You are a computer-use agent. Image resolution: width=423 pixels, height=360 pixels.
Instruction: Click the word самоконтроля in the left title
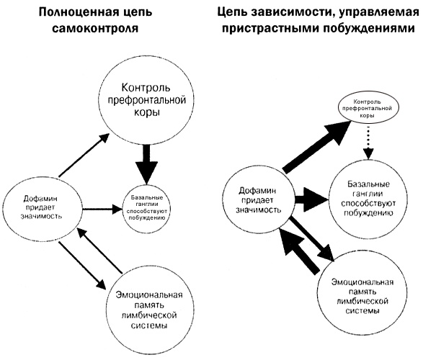pyautogui.click(x=99, y=29)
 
